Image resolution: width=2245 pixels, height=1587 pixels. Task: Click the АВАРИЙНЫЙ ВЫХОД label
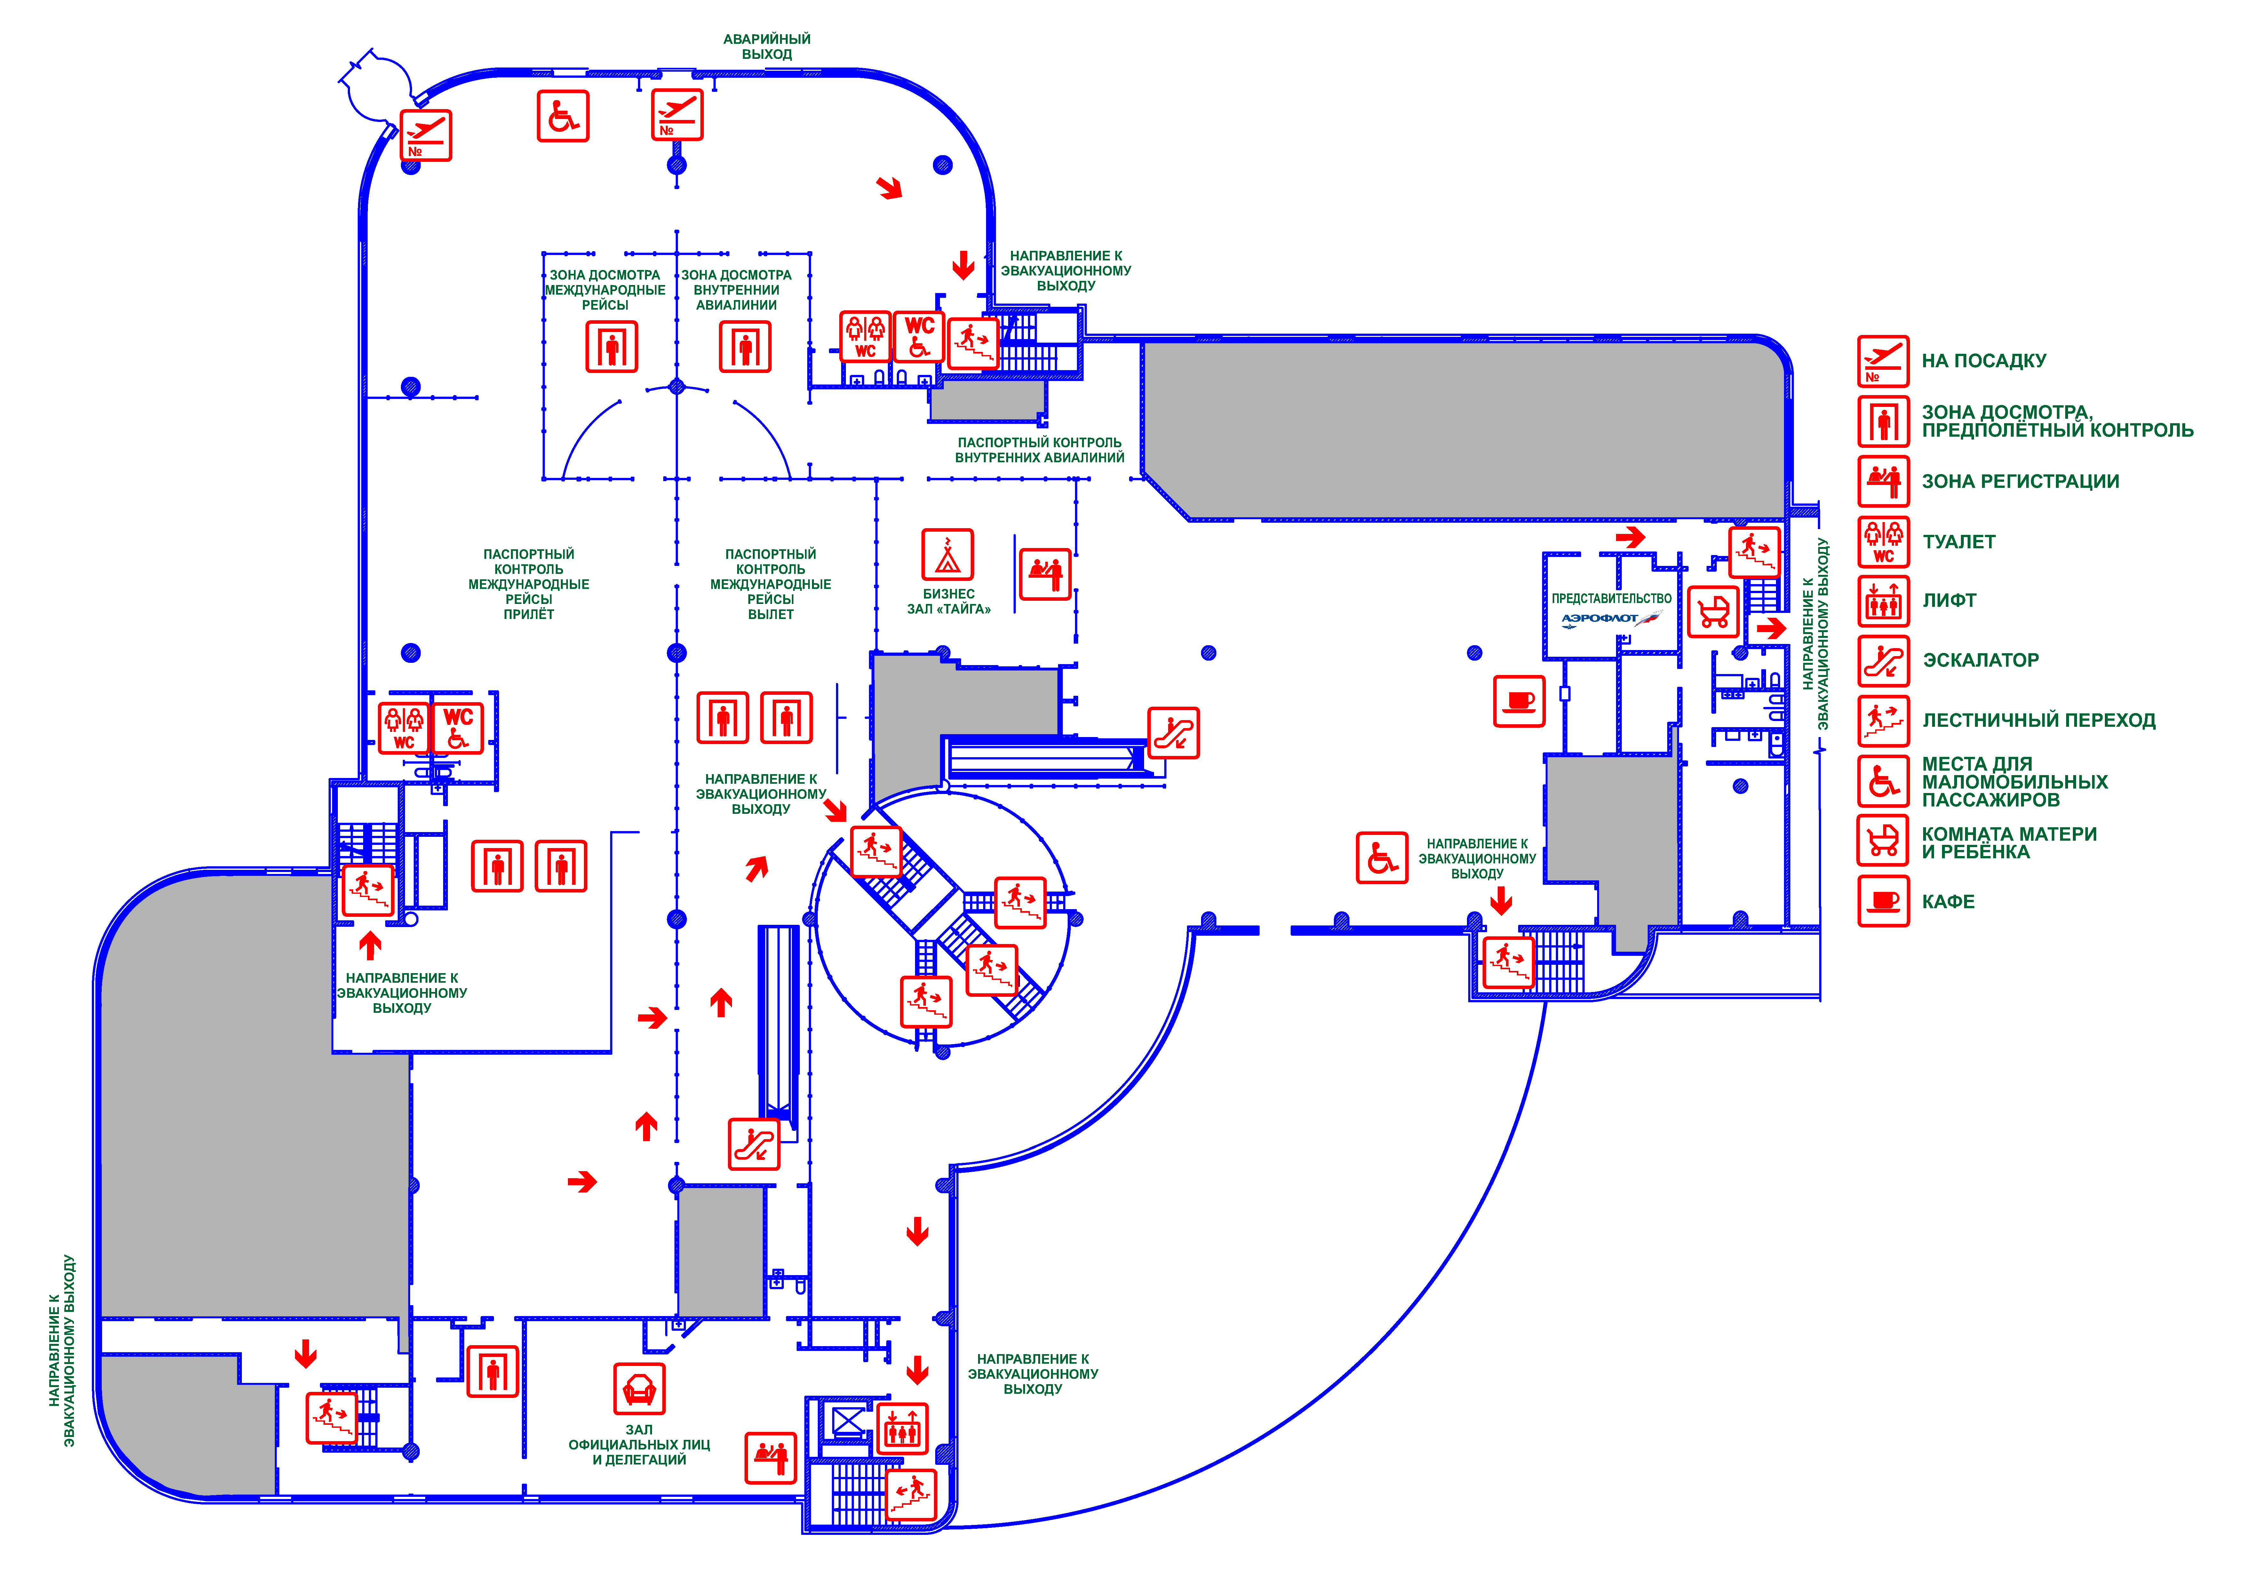767,47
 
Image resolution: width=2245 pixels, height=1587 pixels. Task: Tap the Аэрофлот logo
1609,619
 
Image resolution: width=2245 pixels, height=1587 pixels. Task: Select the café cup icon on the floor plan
1518,701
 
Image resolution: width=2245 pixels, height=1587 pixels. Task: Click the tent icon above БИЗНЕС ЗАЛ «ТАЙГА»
946,555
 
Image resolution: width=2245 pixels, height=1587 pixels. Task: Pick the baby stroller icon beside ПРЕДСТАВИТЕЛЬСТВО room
1713,612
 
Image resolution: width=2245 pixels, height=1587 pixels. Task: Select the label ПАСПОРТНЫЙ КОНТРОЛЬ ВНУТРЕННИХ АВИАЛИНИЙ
1039,450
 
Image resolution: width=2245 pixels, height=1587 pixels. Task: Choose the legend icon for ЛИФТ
1882,601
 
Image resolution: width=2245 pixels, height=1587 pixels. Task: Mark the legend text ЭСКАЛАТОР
1980,660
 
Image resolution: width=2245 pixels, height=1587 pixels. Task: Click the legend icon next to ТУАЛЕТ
1882,542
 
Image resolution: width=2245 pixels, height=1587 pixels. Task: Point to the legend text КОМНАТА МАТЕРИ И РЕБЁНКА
2008,843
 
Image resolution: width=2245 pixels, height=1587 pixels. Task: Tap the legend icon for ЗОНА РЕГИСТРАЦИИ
1882,481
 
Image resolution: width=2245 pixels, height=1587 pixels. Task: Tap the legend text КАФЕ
1948,901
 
